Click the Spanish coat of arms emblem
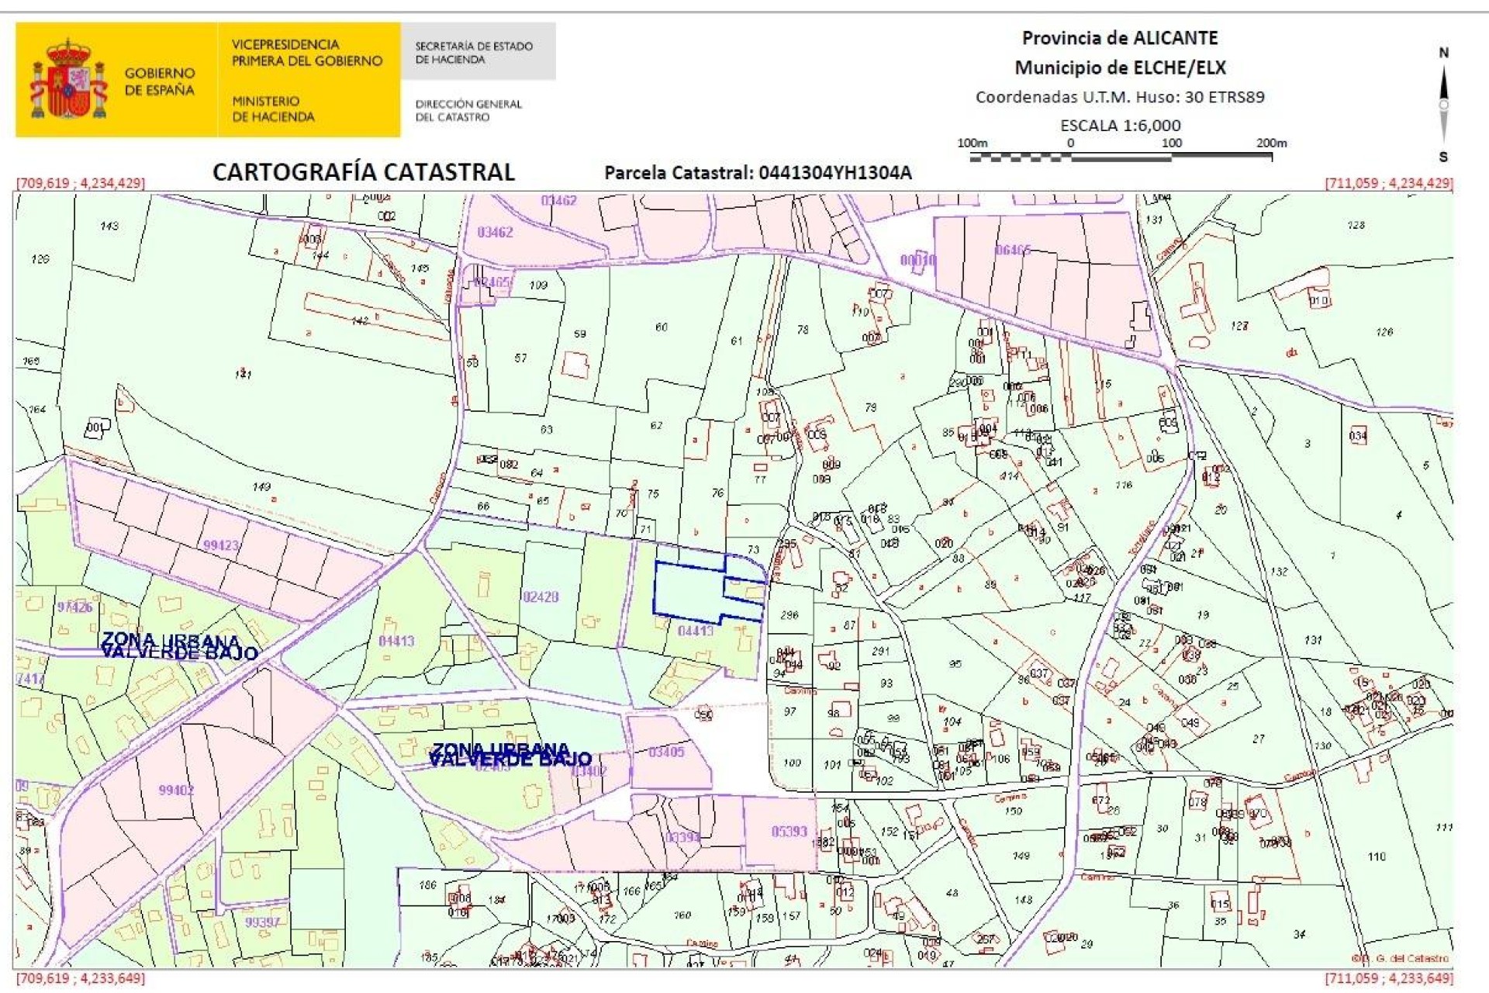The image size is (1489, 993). pos(68,80)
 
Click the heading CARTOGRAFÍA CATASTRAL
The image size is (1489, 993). pos(363,172)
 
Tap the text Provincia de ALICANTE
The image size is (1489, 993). pos(1119,38)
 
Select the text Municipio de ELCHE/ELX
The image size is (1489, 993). pos(1120,67)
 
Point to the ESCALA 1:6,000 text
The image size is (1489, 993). pos(1120,125)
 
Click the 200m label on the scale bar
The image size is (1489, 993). pos(1271,143)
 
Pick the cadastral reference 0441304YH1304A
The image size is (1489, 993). pos(834,173)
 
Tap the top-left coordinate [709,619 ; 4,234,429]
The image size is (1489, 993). pos(81,183)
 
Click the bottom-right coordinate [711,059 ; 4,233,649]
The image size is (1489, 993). pos(1388,977)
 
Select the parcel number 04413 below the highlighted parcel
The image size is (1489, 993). pos(695,631)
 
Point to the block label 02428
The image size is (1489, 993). pos(541,597)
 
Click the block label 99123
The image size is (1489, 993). pos(221,545)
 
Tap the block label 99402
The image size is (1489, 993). pos(176,790)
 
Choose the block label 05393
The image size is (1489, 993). pos(789,832)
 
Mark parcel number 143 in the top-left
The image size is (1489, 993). pos(109,226)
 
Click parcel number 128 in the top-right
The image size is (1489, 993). pos(1356,225)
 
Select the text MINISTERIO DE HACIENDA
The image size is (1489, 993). pos(273,109)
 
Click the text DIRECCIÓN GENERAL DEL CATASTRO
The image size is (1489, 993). pos(468,110)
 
